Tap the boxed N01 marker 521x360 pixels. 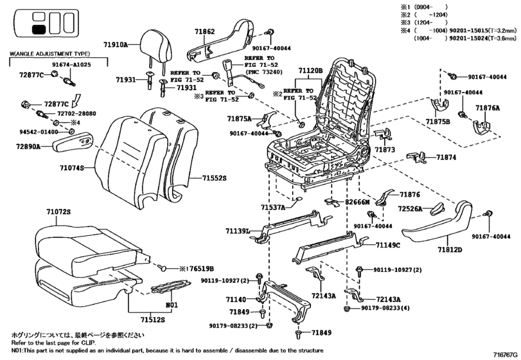click(172, 304)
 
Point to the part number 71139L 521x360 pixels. click(238, 231)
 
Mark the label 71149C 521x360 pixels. click(388, 245)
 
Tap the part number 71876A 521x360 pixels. click(488, 108)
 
